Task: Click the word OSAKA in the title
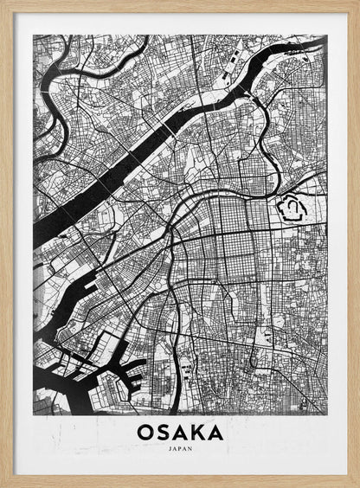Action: tap(179, 432)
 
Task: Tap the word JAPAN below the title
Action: tap(179, 449)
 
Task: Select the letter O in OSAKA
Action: tap(145, 432)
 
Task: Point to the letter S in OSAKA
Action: tap(162, 432)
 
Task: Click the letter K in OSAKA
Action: tap(197, 432)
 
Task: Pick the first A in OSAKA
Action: tap(179, 432)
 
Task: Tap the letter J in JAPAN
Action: tap(170, 449)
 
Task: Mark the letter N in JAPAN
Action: tap(190, 449)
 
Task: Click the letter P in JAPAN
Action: tap(179, 449)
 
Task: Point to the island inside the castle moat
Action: tap(292, 208)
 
